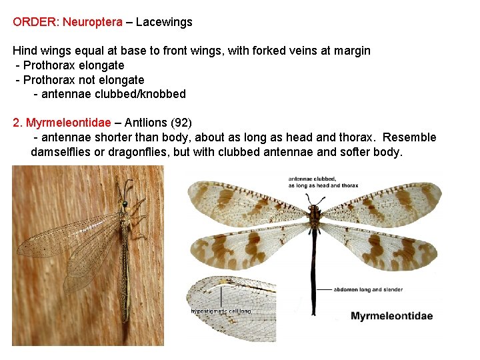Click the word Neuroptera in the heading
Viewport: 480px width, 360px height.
click(93, 22)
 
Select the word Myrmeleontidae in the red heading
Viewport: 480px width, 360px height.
click(69, 123)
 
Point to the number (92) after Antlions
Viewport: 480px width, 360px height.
click(181, 123)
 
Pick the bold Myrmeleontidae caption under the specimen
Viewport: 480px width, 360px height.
click(391, 316)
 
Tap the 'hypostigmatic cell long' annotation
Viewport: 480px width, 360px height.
click(221, 311)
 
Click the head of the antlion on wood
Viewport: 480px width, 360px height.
click(125, 202)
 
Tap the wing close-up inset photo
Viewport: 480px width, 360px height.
click(231, 307)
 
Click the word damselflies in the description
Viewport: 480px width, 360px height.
click(59, 152)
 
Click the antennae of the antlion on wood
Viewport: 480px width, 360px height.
click(127, 186)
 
